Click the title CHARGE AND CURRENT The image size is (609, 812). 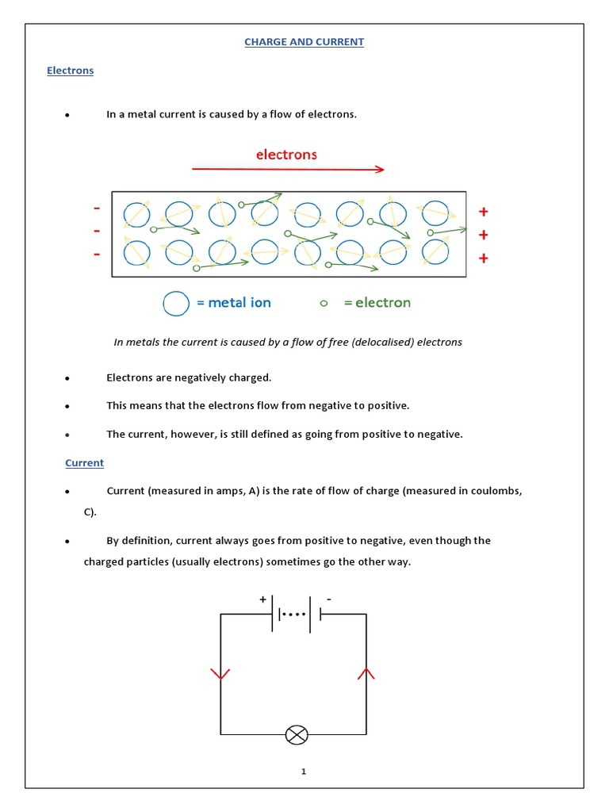(304, 42)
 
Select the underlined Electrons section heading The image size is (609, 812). (70, 71)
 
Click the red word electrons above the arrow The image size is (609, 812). (286, 155)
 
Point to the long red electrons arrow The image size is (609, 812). (288, 169)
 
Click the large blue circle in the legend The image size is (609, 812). (176, 303)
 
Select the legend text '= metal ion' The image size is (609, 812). (234, 303)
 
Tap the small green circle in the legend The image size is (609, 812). (323, 303)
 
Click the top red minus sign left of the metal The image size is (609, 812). (97, 209)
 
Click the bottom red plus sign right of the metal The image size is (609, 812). (483, 259)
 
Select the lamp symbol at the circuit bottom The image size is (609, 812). (297, 735)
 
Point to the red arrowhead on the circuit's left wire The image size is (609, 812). (220, 674)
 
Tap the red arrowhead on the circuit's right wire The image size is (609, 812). (366, 674)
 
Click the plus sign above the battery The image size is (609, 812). (263, 600)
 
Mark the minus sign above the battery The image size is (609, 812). (328, 600)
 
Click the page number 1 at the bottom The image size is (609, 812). (303, 772)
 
